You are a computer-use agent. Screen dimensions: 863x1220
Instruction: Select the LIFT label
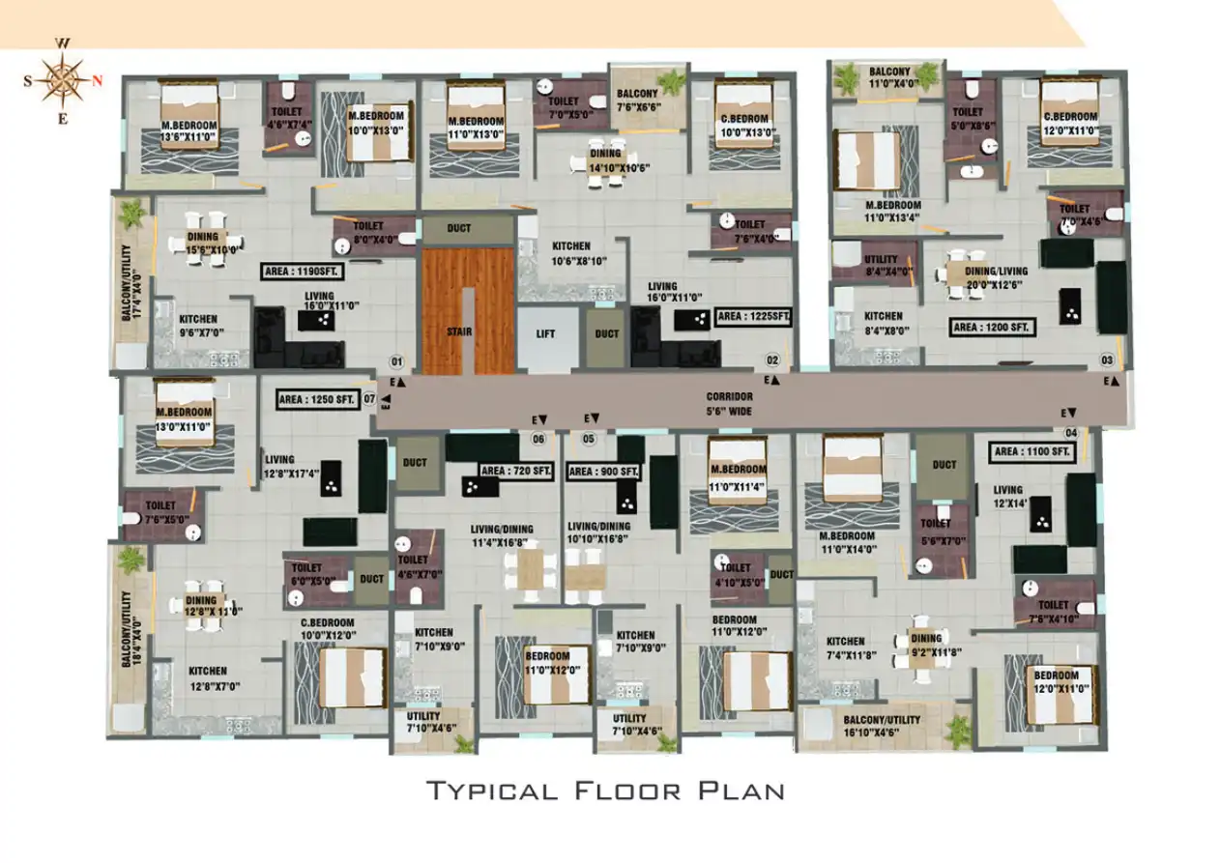(x=544, y=333)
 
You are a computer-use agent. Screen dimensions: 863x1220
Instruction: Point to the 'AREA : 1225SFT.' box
(x=753, y=315)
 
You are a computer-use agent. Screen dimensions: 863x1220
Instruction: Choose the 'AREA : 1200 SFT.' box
(x=993, y=328)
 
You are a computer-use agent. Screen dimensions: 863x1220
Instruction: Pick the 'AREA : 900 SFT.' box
(x=604, y=471)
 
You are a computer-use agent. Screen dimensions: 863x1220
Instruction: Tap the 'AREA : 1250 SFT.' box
(x=316, y=397)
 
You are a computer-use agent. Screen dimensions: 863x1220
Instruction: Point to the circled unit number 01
(x=395, y=361)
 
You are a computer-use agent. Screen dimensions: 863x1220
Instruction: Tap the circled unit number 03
(x=1107, y=360)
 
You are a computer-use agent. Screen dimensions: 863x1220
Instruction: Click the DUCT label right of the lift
(x=607, y=333)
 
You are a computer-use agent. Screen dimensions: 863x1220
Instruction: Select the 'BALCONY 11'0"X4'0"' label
(x=888, y=78)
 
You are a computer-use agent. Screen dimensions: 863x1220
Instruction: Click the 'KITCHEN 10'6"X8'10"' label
(x=571, y=253)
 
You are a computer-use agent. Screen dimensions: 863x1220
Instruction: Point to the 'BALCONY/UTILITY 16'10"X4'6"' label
(x=881, y=726)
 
